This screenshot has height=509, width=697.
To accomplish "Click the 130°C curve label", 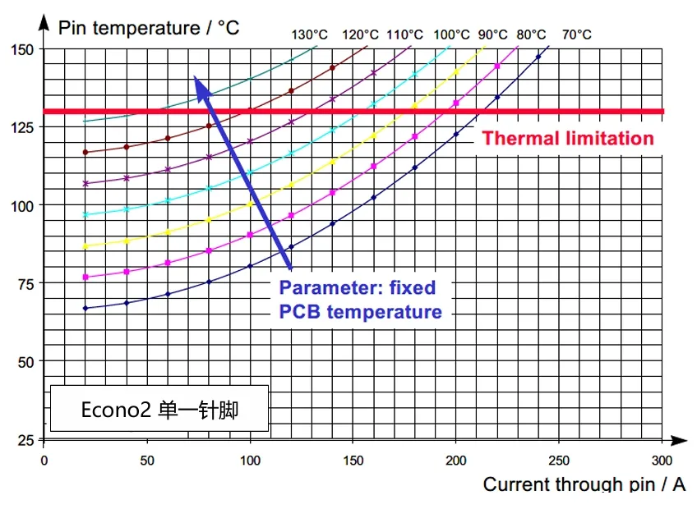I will (309, 34).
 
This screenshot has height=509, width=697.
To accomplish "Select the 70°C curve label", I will (576, 34).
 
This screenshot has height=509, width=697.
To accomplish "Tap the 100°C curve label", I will (451, 34).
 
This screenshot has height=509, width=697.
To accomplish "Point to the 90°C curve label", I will (492, 34).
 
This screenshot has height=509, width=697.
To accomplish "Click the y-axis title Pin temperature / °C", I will (149, 27).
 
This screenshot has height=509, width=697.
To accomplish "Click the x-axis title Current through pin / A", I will (584, 484).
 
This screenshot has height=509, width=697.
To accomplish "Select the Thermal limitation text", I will (567, 138).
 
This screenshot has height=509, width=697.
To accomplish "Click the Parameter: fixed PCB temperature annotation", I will (360, 300).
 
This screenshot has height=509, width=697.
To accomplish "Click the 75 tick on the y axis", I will (25, 284).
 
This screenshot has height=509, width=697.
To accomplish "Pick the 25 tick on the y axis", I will (25, 441).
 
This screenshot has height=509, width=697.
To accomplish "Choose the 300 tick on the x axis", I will (662, 461).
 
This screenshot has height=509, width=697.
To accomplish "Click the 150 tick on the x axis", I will (353, 461).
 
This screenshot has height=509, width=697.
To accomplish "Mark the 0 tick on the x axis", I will (44, 461).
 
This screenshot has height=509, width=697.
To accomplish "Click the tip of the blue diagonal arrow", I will (196, 77).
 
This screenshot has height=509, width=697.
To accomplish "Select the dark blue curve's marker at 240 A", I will (538, 57).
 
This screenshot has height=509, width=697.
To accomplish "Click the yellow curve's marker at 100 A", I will (250, 204).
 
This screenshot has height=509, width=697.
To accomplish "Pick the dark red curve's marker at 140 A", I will (332, 68).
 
